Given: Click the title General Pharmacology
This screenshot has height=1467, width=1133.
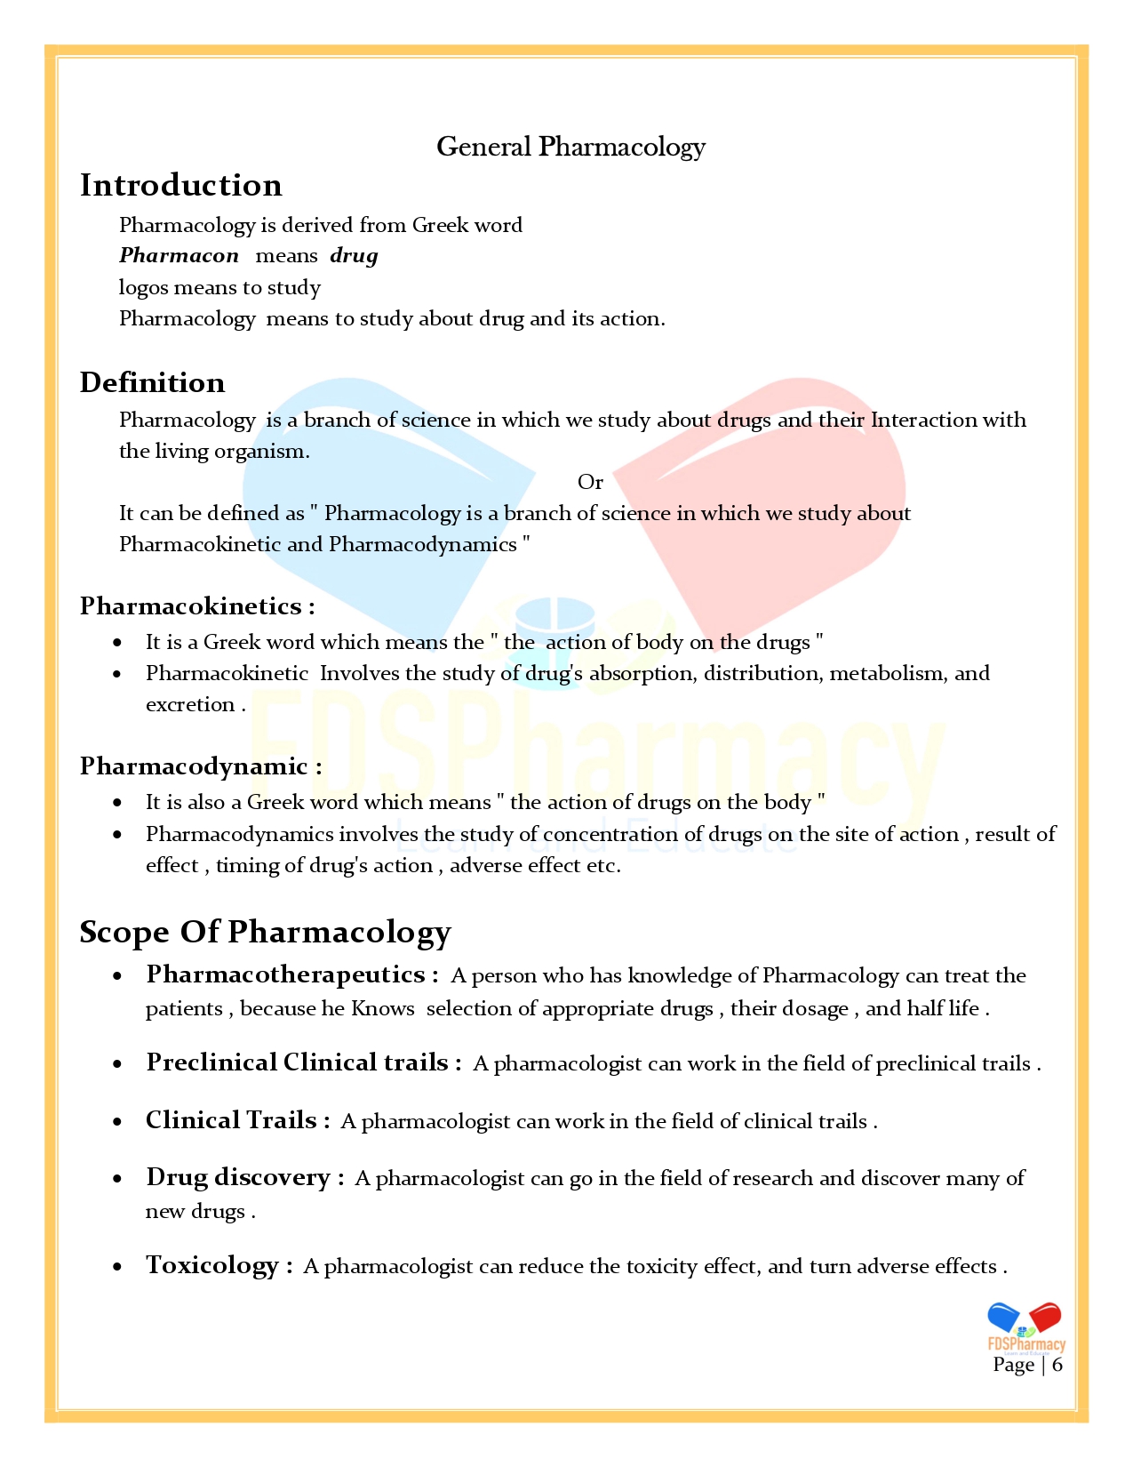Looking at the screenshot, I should pos(570,147).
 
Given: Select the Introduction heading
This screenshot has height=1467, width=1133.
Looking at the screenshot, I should pos(180,185).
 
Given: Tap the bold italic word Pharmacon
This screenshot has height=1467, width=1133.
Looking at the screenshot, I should pos(179,256).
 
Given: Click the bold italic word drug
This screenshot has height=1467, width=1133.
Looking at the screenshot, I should pos(354,256).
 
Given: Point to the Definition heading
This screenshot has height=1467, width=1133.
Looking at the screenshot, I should pos(152,382).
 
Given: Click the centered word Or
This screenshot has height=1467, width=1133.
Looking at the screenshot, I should pos(590,482).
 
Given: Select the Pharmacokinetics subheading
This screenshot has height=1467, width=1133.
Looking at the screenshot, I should pos(196,606).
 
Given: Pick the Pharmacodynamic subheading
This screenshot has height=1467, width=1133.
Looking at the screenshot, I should pos(200,766).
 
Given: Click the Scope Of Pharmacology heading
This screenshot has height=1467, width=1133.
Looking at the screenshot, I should pos(265,932).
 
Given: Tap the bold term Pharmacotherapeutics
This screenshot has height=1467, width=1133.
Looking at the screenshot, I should pos(285,974).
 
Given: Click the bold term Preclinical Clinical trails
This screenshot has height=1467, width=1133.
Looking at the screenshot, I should pos(297,1062).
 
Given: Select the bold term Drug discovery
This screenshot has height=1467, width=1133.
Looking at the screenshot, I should pos(238,1177).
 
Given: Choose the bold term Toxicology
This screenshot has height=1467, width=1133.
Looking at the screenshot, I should pos(212,1265).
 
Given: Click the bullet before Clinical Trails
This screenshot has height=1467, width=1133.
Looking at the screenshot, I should pos(117,1122).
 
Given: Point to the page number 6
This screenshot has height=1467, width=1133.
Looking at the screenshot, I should pos(1057,1365).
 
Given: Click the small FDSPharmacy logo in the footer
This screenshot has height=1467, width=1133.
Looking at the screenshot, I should pos(1025,1327).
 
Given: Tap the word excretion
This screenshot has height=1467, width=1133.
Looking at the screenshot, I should pos(190,705).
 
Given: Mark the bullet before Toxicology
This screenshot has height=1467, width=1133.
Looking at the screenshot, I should pos(117,1267).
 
